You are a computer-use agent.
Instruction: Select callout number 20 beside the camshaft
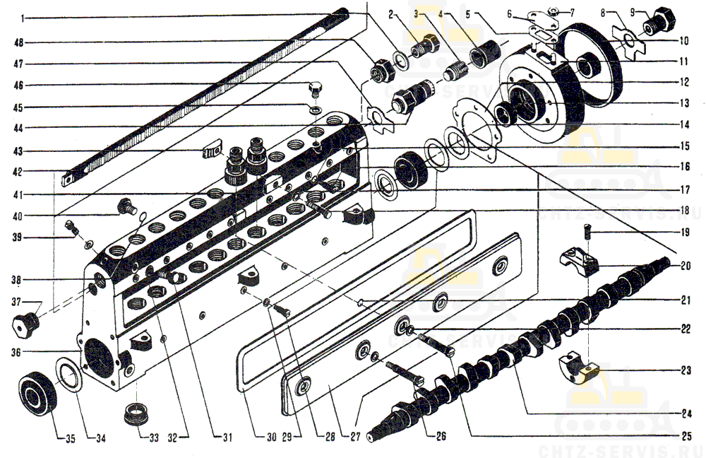686,266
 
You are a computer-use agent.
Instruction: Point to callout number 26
441,436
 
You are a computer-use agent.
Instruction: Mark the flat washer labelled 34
71,374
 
